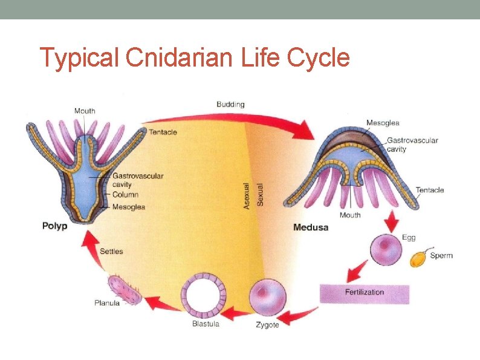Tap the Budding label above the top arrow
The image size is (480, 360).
[230, 104]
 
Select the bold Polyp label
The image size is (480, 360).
[54, 226]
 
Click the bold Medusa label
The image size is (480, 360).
[311, 227]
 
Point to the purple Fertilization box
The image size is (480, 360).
[365, 293]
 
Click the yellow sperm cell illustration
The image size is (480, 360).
[418, 258]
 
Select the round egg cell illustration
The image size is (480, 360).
[386, 250]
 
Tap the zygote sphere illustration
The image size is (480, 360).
[267, 297]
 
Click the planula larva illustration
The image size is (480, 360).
[125, 289]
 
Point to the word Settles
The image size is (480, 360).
[111, 251]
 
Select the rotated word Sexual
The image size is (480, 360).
[261, 194]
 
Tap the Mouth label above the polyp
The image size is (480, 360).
[85, 111]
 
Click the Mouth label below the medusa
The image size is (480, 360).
[350, 215]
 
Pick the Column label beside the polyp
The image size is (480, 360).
[125, 195]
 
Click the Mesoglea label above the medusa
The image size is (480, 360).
[383, 123]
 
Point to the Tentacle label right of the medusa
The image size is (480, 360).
[430, 190]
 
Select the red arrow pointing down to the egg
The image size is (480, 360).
[392, 222]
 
